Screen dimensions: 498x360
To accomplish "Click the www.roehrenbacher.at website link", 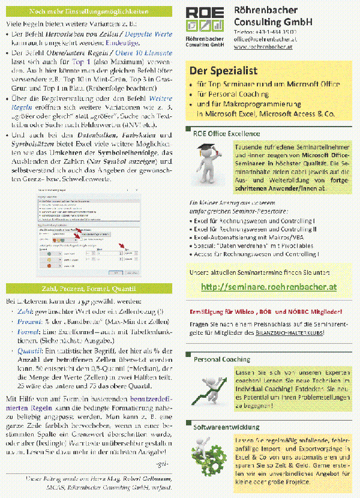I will click(x=262, y=46).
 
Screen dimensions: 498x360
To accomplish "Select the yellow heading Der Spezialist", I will click(x=223, y=70).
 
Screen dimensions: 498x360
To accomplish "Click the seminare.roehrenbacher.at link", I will click(x=268, y=287).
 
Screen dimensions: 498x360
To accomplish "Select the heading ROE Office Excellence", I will click(x=226, y=133).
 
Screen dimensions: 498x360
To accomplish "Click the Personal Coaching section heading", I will click(x=221, y=359).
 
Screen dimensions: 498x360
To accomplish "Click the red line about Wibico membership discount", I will click(x=266, y=311).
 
